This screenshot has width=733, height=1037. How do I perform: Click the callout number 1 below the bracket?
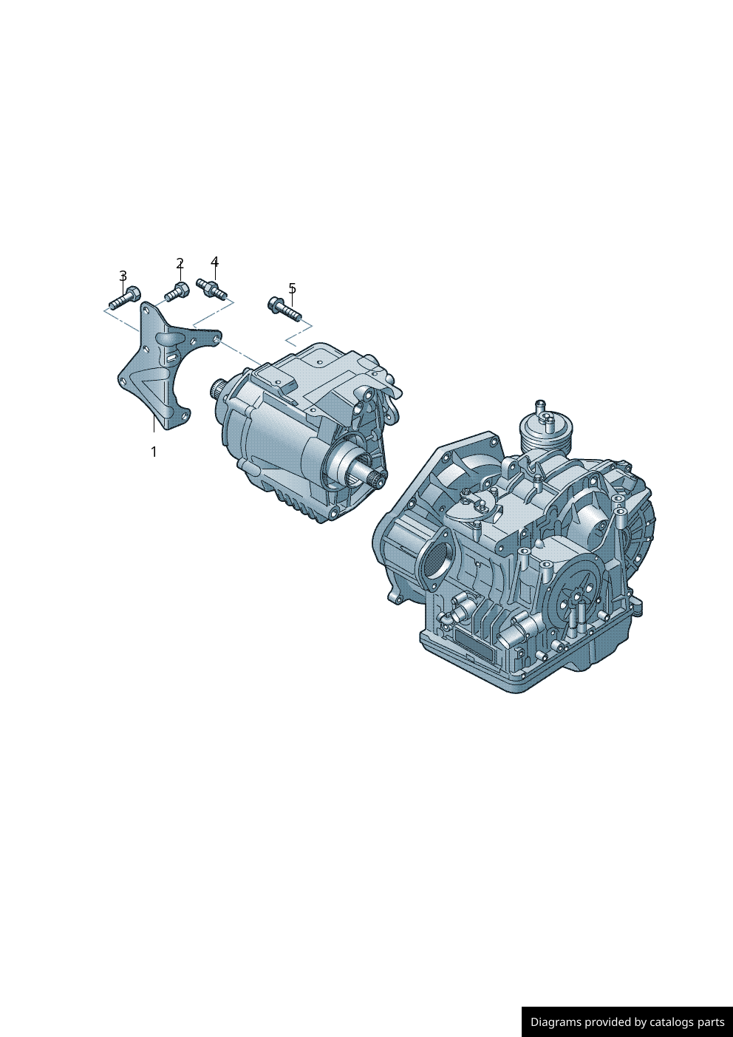pos(154,452)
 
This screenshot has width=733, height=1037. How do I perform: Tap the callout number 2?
pos(180,263)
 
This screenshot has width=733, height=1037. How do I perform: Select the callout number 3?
pos(123,276)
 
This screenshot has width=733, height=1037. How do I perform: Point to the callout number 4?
pos(215,262)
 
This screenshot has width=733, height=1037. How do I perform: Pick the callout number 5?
pos(292,288)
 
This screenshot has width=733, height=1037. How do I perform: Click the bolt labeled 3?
pos(125,296)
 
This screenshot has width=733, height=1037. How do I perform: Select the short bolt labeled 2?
pos(177,291)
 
